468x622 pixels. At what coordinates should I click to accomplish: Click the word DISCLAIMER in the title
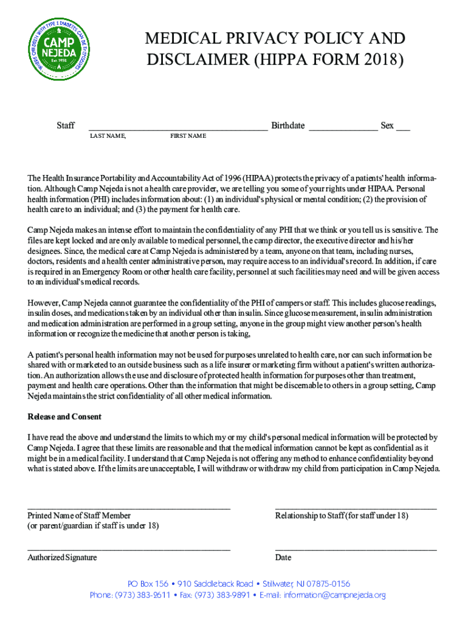click(x=193, y=61)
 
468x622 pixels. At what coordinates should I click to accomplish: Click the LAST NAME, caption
click(x=108, y=136)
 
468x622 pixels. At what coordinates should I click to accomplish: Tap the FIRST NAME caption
click(x=188, y=136)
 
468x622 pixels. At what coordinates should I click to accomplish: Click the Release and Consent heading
click(x=64, y=417)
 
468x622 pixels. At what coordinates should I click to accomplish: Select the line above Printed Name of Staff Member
click(x=129, y=507)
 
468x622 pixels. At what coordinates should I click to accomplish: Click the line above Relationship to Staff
click(x=356, y=507)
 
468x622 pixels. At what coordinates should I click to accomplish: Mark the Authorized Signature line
click(x=129, y=549)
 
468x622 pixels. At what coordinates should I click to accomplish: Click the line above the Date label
click(x=356, y=549)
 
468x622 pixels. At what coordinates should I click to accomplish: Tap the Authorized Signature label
click(x=62, y=558)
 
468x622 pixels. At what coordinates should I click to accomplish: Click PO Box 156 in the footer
click(x=147, y=584)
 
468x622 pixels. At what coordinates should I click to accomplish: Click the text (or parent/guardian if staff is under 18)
click(x=93, y=525)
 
